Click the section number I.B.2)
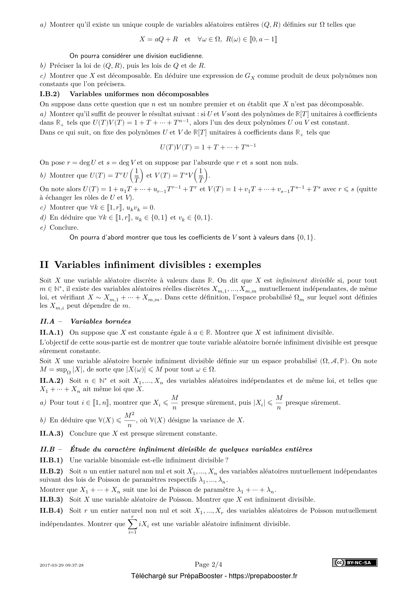[x=50, y=94]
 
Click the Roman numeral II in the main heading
[x=44, y=265]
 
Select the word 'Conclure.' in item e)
[x=64, y=228]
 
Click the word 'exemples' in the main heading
[x=238, y=265]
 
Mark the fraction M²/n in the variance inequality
[x=130, y=420]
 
